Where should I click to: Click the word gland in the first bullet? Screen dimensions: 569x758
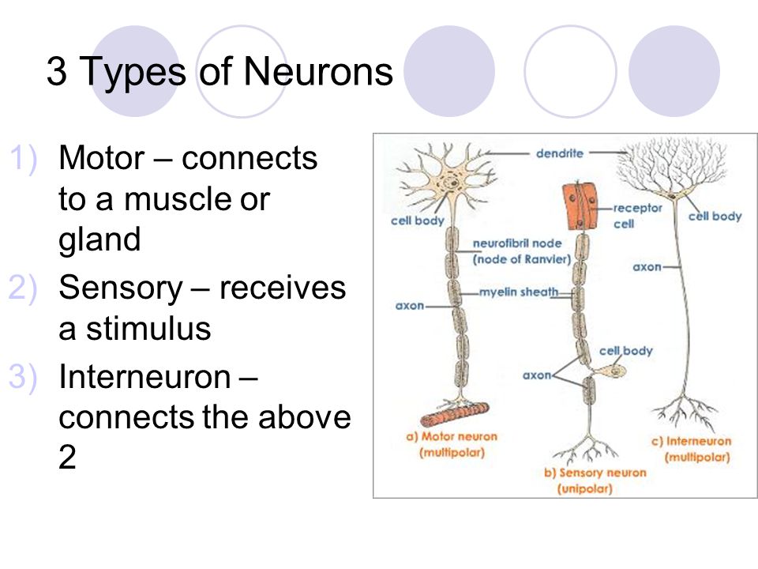point(99,240)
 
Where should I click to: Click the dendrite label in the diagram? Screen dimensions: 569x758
point(559,154)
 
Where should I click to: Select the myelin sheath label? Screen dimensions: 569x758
point(518,292)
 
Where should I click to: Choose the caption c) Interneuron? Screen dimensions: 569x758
point(697,441)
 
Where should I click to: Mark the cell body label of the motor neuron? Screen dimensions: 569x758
point(417,220)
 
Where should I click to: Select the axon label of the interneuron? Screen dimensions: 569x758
point(647,267)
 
